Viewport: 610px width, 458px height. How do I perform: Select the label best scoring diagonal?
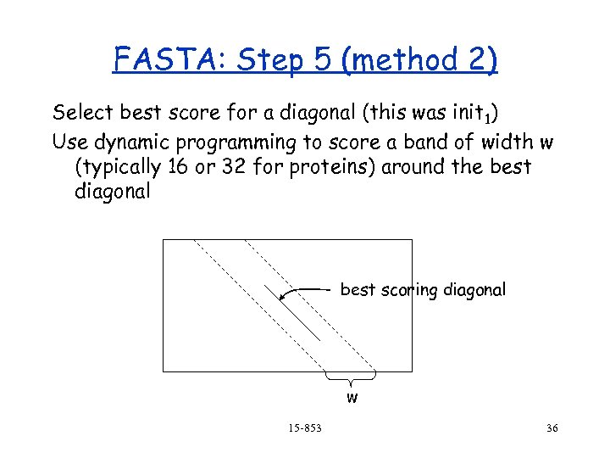(423, 290)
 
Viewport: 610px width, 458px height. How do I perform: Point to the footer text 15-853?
(303, 428)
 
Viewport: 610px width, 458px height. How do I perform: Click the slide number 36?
(552, 428)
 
